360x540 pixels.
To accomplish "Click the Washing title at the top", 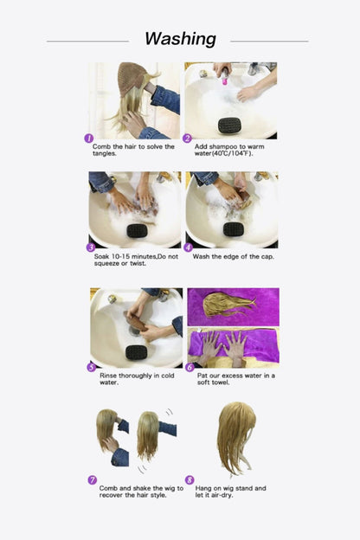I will (180, 39).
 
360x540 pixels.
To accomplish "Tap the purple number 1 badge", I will (88, 138).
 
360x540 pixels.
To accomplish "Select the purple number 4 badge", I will (189, 247).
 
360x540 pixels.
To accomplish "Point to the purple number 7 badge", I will (92, 479).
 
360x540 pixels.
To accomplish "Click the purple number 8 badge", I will (190, 479).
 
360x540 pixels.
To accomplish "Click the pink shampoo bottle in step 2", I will (224, 79).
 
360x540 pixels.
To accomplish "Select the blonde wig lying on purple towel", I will (227, 304).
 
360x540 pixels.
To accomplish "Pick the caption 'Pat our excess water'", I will (234, 378).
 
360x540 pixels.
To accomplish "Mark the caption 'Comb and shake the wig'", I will (134, 492).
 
